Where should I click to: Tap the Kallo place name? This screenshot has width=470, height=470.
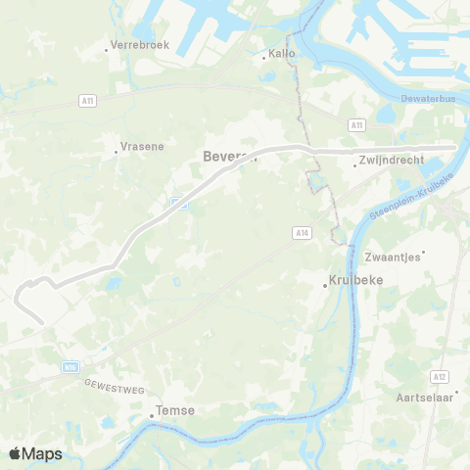coord(281,55)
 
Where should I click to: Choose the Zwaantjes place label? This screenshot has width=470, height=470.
coord(392,257)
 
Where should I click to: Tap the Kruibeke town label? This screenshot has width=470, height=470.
coord(358,281)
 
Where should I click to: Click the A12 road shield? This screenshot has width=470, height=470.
coord(439,376)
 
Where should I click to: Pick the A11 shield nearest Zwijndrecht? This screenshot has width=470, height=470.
coord(356,125)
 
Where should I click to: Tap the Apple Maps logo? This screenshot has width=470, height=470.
coord(35,453)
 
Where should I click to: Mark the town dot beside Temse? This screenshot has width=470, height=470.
coord(152,416)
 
